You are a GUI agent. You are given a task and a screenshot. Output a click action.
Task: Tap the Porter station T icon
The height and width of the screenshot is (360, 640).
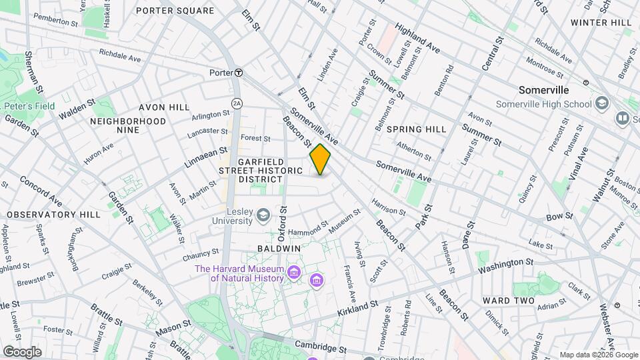(x=238, y=72)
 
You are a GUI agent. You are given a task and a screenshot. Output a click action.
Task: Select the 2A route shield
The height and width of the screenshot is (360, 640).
(x=236, y=103)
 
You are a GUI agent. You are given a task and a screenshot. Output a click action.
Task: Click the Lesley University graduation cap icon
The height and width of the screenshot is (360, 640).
(x=263, y=214)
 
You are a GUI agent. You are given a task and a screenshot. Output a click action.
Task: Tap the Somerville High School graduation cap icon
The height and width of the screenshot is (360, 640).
(x=602, y=103)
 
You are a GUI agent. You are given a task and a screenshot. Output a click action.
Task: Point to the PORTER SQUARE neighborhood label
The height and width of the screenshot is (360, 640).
(x=175, y=11)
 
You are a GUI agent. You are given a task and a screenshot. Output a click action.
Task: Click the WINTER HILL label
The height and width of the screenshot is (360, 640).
(x=601, y=23)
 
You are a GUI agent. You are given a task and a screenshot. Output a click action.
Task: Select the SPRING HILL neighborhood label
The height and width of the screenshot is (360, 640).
(x=416, y=129)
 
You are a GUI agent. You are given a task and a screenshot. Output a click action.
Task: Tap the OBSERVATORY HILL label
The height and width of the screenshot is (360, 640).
(x=54, y=215)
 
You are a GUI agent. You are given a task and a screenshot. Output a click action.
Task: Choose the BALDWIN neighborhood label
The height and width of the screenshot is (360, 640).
(x=279, y=248)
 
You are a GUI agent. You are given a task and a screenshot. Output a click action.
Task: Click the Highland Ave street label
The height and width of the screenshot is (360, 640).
(x=417, y=38)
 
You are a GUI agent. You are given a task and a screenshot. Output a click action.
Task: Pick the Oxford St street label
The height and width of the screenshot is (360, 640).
(x=282, y=224)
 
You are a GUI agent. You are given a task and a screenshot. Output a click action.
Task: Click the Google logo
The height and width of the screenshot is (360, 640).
(x=22, y=351)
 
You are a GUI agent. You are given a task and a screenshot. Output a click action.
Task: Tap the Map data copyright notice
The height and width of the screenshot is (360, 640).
(x=598, y=355)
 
